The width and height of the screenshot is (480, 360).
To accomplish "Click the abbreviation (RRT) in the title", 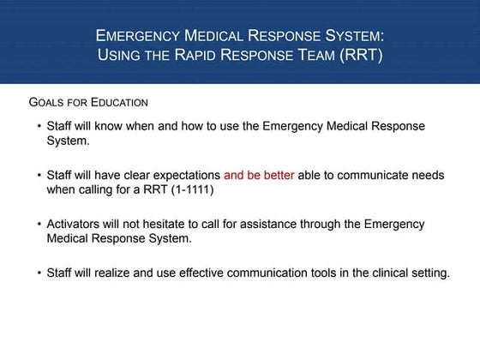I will click(360, 57).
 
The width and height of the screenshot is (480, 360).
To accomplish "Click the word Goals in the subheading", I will click(48, 102).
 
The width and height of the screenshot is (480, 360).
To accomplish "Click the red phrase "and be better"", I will click(259, 174).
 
